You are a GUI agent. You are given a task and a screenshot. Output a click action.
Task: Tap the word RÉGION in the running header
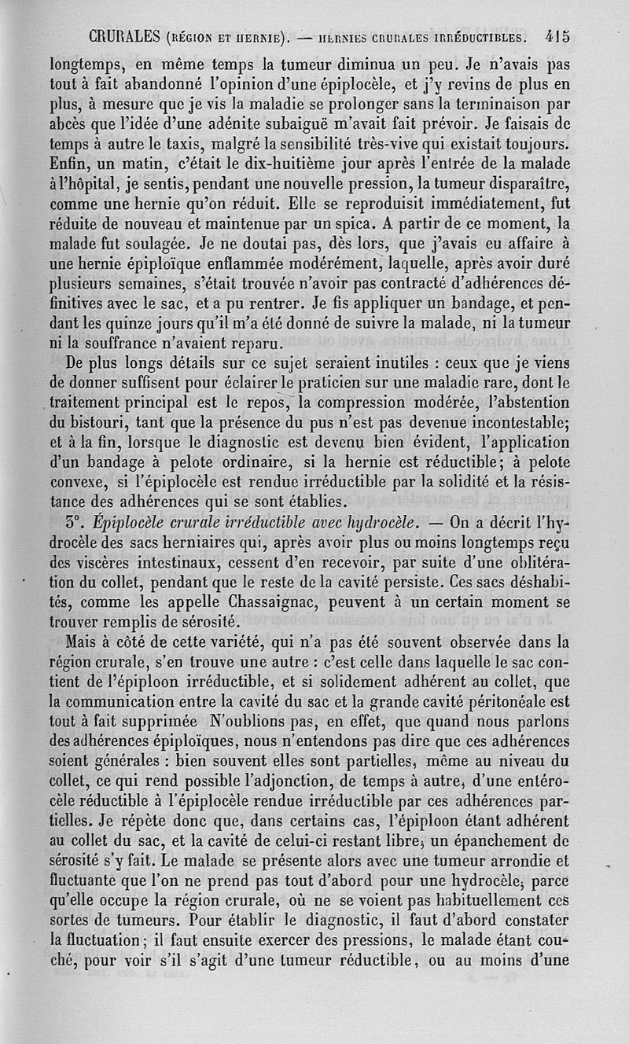point(181,37)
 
